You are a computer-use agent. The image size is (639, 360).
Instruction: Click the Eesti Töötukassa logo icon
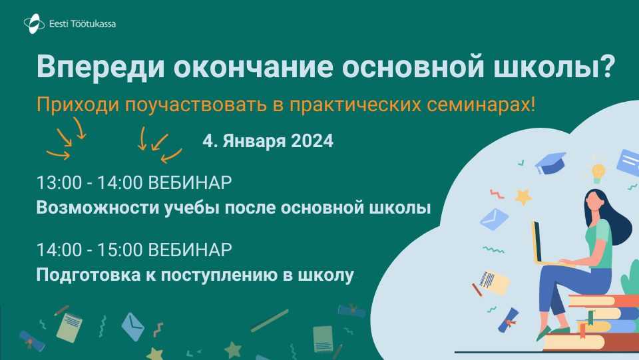[34, 23]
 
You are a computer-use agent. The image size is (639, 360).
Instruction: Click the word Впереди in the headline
[101, 66]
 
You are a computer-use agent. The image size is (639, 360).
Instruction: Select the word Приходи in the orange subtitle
[78, 104]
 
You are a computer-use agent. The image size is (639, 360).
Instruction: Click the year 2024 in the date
[312, 141]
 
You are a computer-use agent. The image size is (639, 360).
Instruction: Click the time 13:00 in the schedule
[59, 182]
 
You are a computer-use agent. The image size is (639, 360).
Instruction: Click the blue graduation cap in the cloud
[550, 163]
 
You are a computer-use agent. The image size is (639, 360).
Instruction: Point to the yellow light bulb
[598, 172]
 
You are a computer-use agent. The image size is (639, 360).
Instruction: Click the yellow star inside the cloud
[524, 197]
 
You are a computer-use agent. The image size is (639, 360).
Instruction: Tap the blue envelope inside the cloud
[494, 219]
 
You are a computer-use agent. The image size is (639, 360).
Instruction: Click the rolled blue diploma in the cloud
[508, 319]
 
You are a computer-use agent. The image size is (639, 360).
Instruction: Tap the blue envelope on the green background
[133, 327]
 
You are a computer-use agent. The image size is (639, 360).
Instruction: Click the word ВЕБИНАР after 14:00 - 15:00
[190, 250]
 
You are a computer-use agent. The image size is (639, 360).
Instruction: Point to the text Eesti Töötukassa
[83, 23]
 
